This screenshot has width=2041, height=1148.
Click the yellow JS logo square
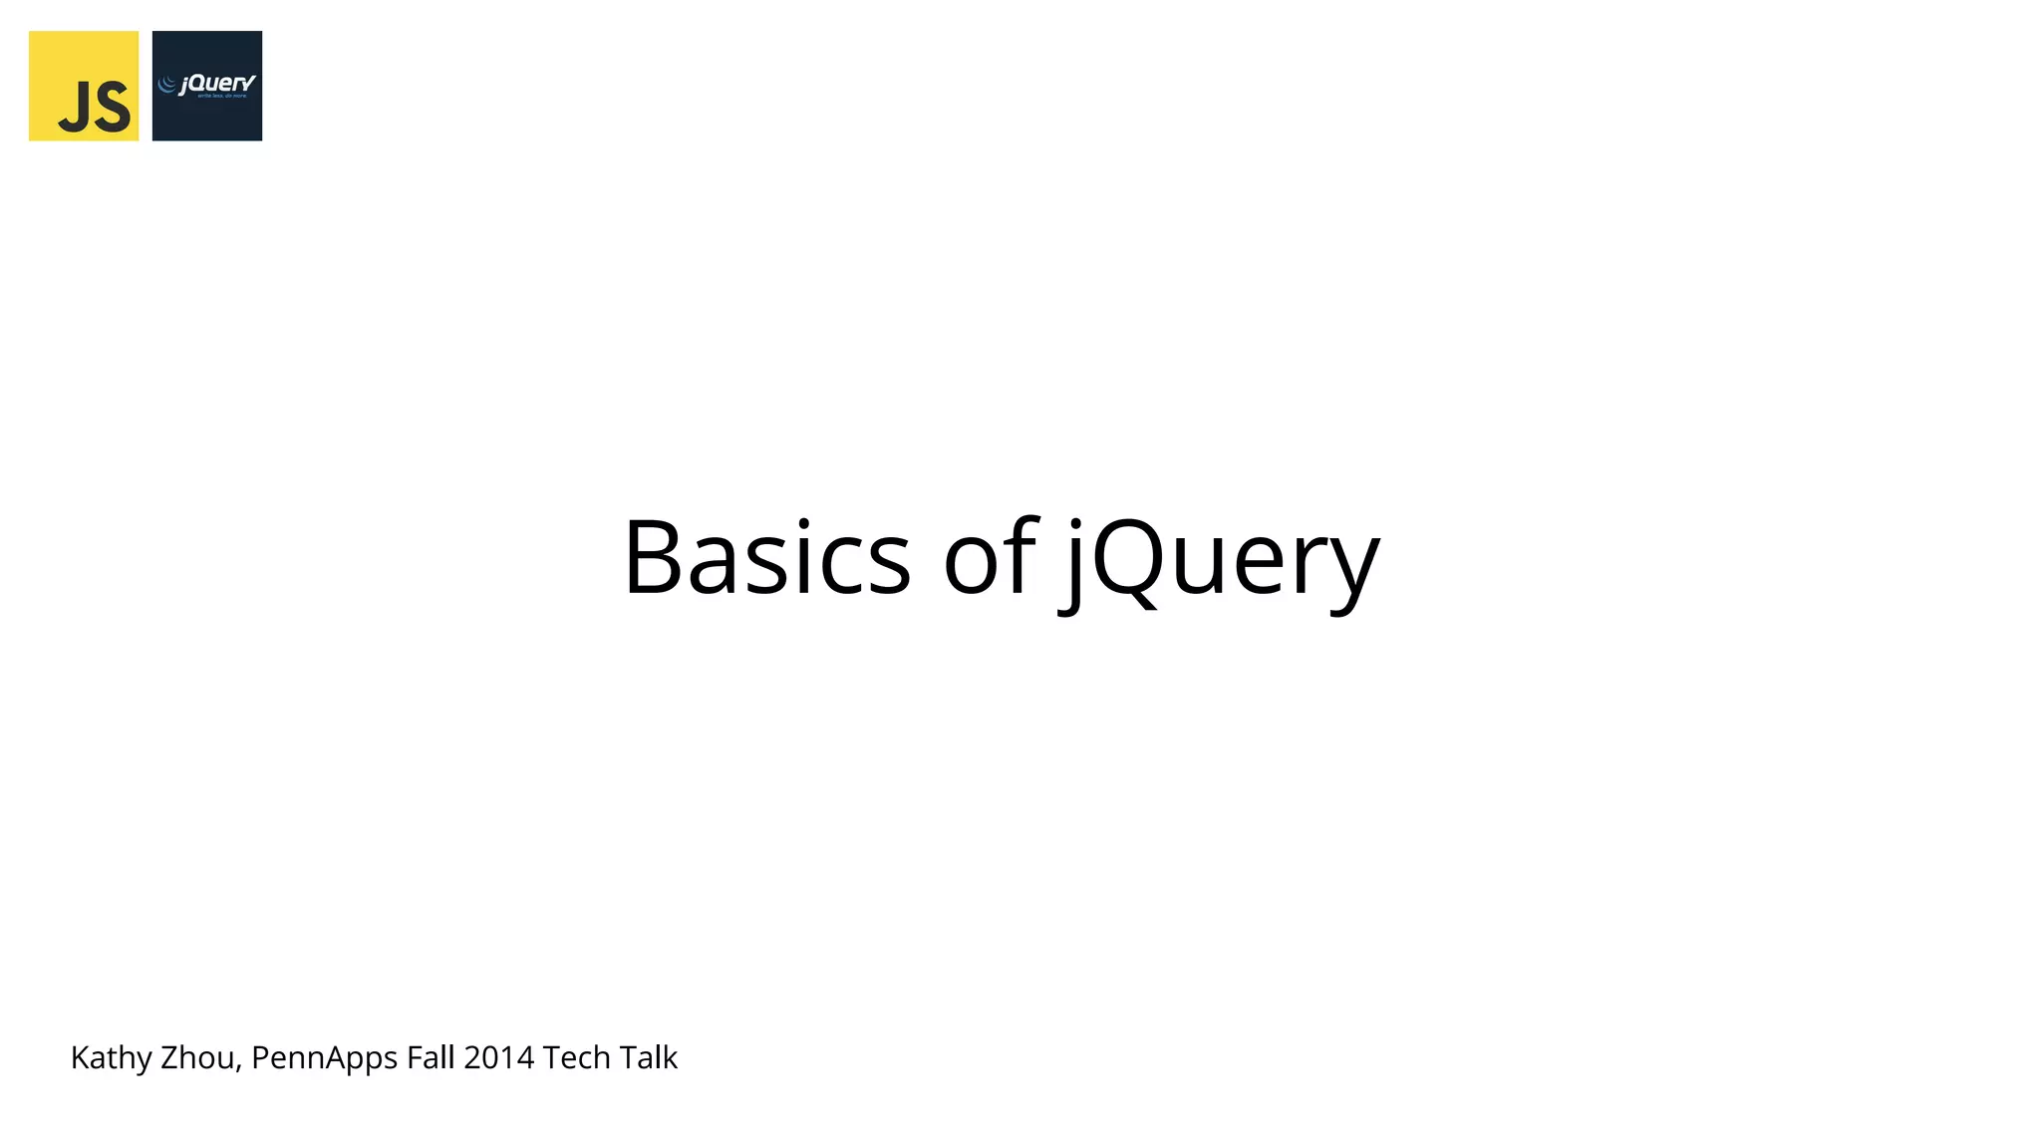coord(83,86)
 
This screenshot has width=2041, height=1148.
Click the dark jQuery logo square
coord(206,86)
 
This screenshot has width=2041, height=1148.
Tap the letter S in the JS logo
coord(113,107)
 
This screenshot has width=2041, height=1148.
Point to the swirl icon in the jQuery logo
coord(167,85)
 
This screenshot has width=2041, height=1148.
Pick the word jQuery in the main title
coord(1221,560)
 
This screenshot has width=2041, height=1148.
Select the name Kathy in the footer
coord(111,1057)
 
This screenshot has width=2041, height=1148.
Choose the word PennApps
coord(324,1058)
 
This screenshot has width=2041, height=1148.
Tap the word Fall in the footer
coord(431,1057)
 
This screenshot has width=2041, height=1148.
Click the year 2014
coord(498,1057)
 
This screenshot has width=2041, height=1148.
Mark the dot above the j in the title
coord(1075,522)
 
